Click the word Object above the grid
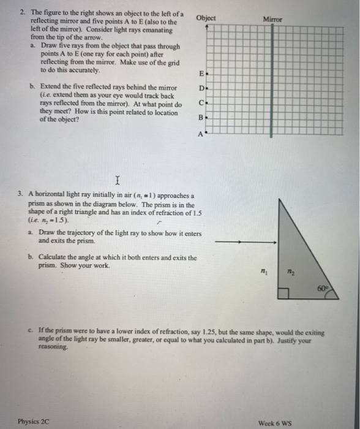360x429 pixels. click(206, 18)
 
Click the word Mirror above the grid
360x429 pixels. click(272, 20)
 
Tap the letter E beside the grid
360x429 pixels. click(200, 74)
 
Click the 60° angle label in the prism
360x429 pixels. click(331, 286)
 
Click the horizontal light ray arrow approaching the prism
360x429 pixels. click(242, 244)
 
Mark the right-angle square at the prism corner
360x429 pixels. click(282, 293)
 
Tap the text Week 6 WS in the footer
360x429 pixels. click(276, 422)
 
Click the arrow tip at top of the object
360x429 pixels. click(206, 27)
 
